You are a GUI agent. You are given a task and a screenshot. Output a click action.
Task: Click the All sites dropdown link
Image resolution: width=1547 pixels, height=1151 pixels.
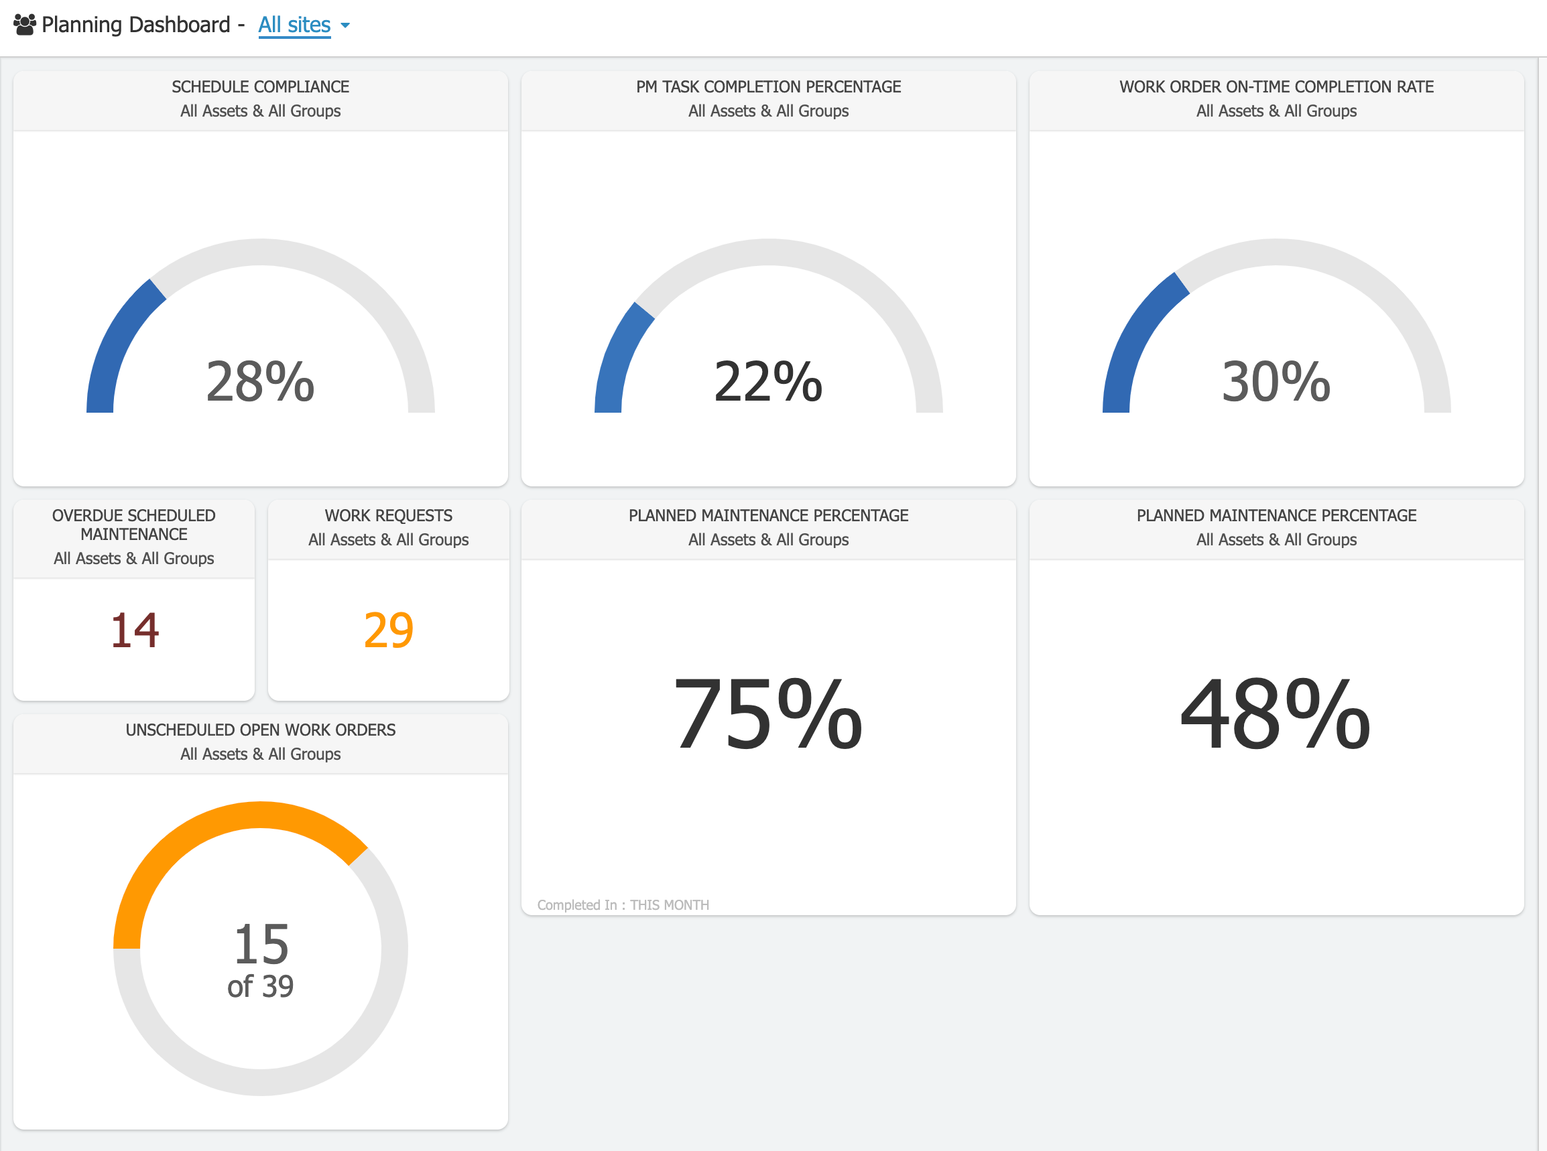coord(294,25)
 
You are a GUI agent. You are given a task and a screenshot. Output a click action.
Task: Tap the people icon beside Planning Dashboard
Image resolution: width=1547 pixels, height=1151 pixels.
coord(24,25)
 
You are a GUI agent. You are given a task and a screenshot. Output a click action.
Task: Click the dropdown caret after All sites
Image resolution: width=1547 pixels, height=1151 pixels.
coord(345,25)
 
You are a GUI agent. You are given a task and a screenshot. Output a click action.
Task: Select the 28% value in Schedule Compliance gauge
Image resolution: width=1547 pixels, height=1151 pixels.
coord(260,381)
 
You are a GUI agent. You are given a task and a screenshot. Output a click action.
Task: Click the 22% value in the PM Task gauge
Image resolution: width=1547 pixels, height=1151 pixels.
coord(768,381)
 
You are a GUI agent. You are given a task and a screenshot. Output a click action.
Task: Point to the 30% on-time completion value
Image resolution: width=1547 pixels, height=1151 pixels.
coord(1276,381)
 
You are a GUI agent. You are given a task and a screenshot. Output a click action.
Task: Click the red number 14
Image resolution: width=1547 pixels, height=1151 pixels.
coord(135,630)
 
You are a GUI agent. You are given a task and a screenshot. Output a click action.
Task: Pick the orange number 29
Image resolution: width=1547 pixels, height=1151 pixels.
coord(388,630)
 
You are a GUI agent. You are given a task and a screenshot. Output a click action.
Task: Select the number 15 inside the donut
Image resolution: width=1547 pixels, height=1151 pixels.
coord(261,944)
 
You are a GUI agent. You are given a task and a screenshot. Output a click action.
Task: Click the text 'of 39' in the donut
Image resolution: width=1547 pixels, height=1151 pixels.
coord(261,987)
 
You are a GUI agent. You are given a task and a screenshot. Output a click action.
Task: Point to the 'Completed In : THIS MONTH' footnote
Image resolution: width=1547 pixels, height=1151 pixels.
coord(623,905)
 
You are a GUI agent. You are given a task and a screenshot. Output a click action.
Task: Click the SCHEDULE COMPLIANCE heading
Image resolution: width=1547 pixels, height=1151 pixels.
coord(260,87)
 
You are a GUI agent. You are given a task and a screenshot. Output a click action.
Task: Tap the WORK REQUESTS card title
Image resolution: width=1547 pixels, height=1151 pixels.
coord(388,516)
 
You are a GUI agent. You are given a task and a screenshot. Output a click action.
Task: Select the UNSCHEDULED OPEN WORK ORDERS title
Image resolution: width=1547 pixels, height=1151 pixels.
coord(260,730)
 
